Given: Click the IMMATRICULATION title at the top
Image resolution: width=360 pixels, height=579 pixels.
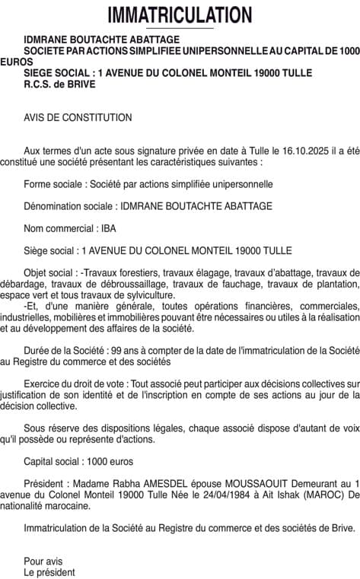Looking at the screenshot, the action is tap(180, 14).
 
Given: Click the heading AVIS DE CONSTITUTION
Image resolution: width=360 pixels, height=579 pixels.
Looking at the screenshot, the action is tap(78, 117).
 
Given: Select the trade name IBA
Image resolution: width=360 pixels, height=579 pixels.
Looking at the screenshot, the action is tap(108, 228).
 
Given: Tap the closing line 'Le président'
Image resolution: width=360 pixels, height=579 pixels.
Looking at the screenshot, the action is tap(49, 572).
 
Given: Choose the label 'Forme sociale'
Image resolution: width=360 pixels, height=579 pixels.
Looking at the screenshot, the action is tap(53, 184).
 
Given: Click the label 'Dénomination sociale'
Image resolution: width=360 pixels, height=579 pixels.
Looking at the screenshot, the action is tap(69, 206).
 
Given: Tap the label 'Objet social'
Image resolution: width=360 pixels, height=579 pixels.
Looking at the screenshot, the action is tap(50, 272).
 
